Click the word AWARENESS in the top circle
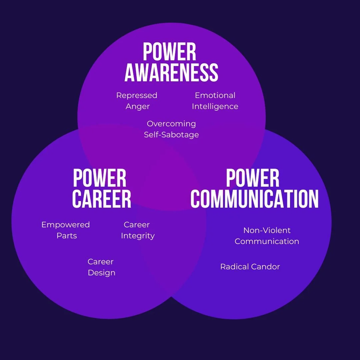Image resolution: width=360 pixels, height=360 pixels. coord(171,73)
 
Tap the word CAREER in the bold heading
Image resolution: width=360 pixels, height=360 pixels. coord(101,199)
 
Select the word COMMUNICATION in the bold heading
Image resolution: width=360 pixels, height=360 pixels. coord(254,199)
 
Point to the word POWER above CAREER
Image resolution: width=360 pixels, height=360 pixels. coord(99,178)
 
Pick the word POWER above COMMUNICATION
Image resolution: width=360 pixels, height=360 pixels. coord(253,178)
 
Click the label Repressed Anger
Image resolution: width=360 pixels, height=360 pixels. coord(137,101)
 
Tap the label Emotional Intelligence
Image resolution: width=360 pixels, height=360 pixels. coord(215,101)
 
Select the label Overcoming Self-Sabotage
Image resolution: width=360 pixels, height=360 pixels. coord(171,129)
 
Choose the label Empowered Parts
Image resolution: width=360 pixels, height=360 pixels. coord(66,230)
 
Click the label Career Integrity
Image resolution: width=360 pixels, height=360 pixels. coord(138,230)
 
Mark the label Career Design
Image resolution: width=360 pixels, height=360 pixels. coord(101,267)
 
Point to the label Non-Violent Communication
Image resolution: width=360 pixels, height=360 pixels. coord(267,236)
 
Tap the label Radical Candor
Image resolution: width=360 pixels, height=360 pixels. coord(250,267)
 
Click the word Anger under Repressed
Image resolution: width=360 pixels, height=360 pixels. coord(137,107)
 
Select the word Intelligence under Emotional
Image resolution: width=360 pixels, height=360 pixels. coord(215,107)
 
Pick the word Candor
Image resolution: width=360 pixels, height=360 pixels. coord(265,267)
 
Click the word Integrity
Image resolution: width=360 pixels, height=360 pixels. coord(138,236)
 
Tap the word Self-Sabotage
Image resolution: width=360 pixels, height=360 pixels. coord(171,135)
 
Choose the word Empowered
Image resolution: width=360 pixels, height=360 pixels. coord(66,225)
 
